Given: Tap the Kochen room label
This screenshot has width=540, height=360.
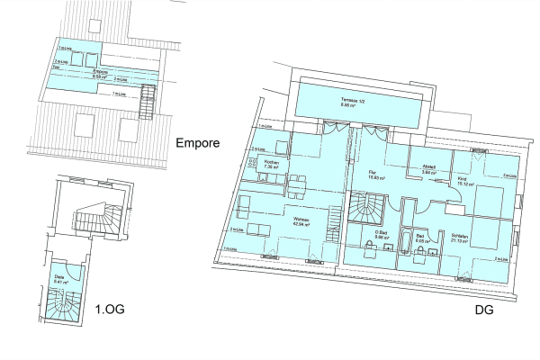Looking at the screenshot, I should (x=269, y=162).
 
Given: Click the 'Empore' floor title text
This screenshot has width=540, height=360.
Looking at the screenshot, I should (x=198, y=142).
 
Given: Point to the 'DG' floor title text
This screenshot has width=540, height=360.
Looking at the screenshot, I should (x=484, y=314).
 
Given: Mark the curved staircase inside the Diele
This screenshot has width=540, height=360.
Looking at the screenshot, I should (x=64, y=301).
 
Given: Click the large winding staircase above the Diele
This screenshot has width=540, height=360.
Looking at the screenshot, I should (x=91, y=220).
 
